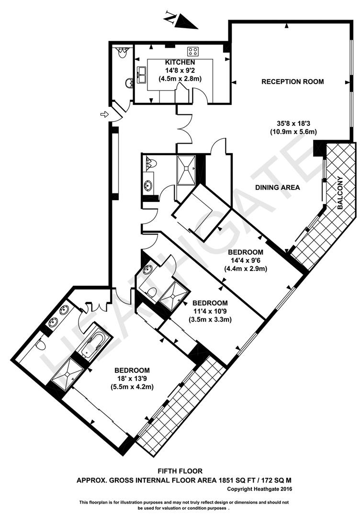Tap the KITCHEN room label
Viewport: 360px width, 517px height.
click(x=180, y=62)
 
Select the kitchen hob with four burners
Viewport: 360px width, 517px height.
click(x=193, y=51)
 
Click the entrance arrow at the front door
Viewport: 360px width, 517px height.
click(x=104, y=114)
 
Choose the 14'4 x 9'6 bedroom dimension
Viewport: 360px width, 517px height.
click(x=246, y=260)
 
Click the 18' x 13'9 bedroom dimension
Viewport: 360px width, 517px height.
click(x=132, y=379)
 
